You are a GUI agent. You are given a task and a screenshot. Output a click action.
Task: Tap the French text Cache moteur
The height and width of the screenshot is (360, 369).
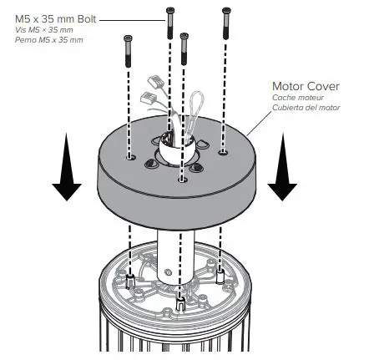pyautogui.click(x=293, y=97)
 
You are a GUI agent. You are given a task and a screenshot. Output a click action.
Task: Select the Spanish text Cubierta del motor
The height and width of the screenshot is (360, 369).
pyautogui.click(x=303, y=106)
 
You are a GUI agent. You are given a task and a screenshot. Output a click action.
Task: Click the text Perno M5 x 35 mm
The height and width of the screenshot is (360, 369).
pyautogui.click(x=49, y=39)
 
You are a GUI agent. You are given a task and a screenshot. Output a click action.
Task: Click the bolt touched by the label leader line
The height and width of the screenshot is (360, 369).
pyautogui.click(x=170, y=22)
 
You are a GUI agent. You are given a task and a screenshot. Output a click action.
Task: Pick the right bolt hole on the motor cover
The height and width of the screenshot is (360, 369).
pyautogui.click(x=222, y=152)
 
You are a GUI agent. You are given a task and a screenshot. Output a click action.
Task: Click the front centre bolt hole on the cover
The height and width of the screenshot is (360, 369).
pyautogui.click(x=182, y=176)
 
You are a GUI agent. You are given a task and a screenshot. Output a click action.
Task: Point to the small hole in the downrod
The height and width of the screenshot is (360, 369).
pyautogui.click(x=165, y=271)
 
